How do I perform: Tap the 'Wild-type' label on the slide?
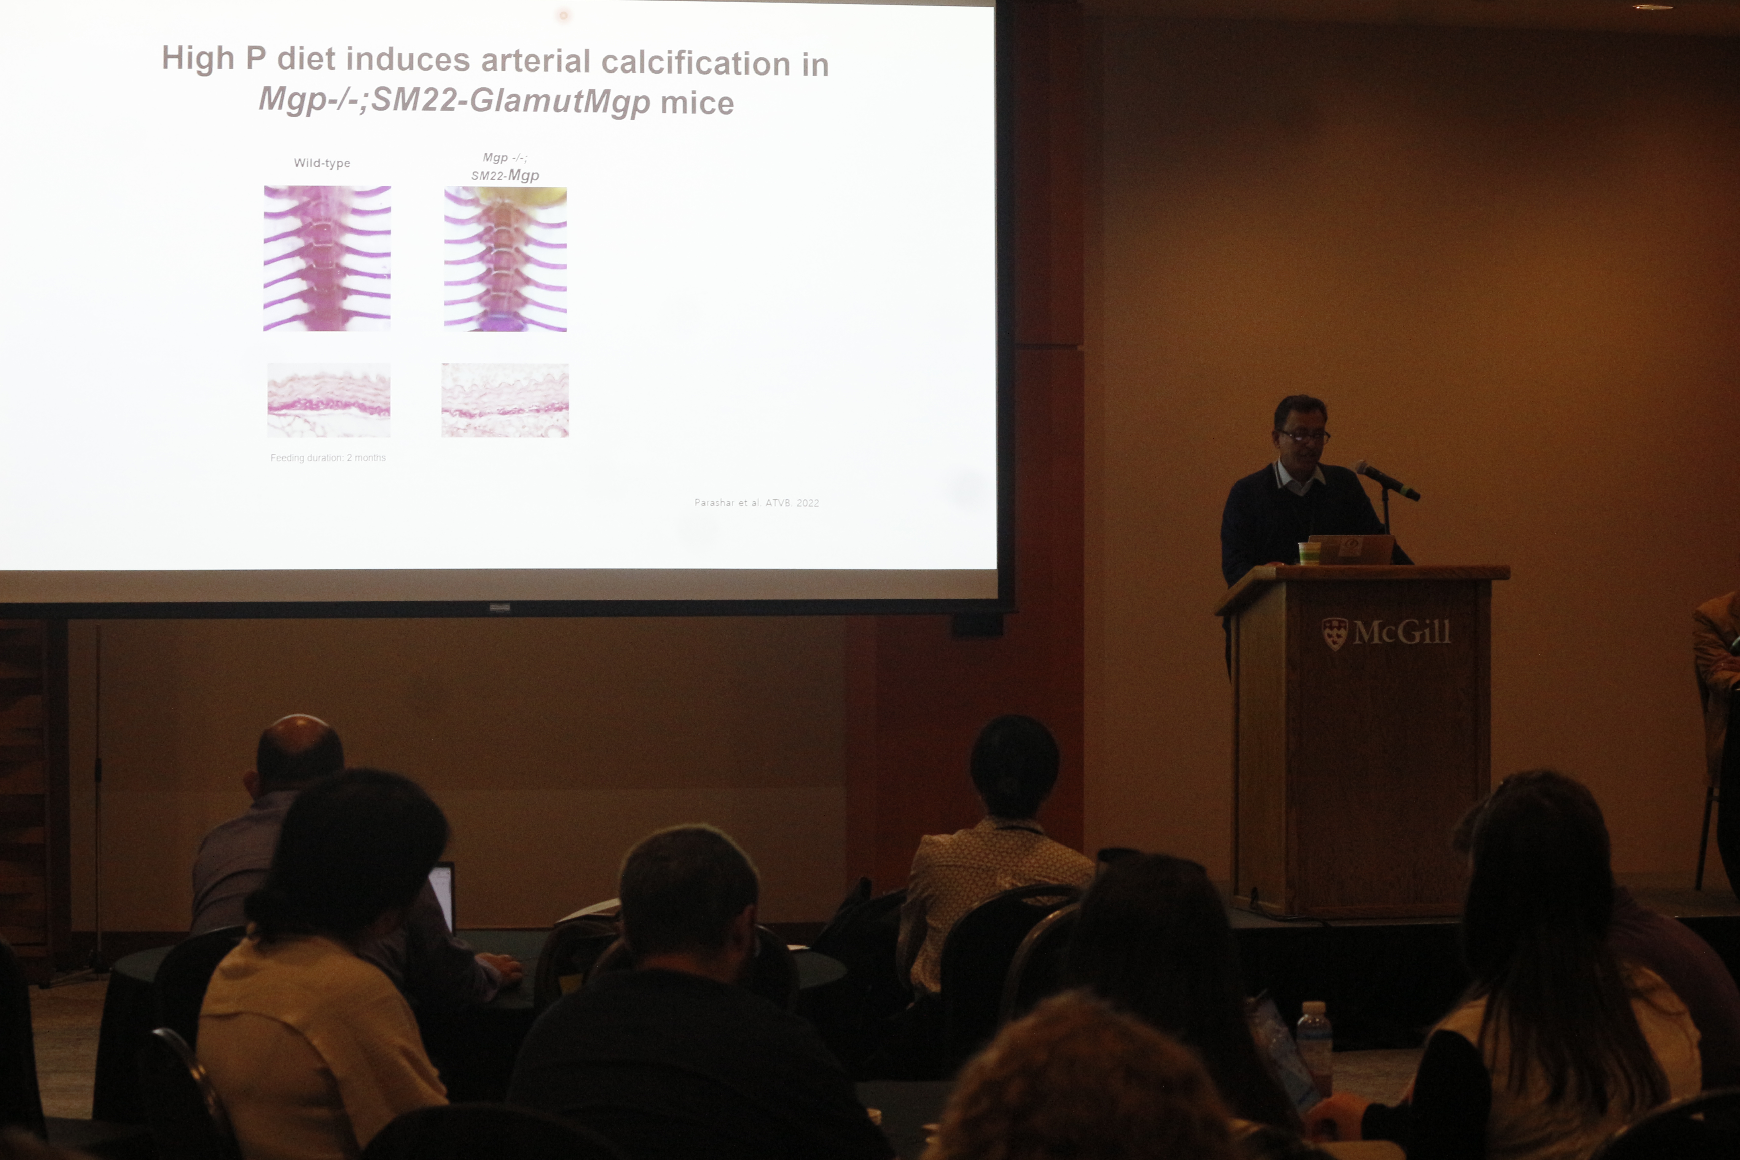coord(322,163)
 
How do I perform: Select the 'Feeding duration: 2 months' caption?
coord(328,458)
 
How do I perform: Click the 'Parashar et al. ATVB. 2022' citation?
coord(756,503)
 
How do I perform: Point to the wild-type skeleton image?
coord(327,258)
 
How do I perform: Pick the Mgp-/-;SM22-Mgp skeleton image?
coord(505,259)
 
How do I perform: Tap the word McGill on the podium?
coord(1401,632)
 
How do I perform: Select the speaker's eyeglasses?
coord(1304,436)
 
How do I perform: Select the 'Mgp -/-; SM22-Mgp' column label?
coord(505,167)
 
